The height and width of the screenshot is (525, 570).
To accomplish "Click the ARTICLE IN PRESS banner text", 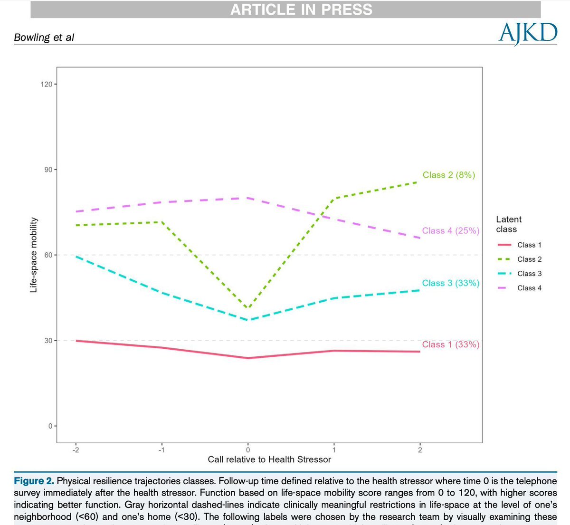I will coord(301,10).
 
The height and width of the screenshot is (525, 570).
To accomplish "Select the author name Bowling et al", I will coord(44,37).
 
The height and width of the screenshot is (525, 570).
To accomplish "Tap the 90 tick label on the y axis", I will coord(48,170).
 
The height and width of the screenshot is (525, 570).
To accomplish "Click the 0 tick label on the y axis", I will coord(50,426).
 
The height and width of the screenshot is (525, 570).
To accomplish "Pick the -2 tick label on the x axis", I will coord(76,450).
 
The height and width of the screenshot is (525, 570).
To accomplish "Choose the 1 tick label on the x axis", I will coord(334,450).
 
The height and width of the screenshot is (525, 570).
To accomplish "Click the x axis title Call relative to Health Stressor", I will coord(269,459).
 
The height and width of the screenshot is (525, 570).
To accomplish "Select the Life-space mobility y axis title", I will coord(34,255).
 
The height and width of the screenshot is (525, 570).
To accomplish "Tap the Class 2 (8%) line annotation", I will coord(449,175).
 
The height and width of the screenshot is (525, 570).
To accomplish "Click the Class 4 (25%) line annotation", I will coord(451,230).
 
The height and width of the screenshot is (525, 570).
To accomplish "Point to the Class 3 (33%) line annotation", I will coord(451,283).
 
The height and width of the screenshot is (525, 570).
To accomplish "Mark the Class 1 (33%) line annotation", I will coord(451,344).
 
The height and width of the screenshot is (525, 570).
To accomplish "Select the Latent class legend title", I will coord(508,224).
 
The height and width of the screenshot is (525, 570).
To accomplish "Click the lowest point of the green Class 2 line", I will coord(247,308).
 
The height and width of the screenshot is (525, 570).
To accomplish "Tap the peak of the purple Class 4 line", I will coord(247,198).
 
